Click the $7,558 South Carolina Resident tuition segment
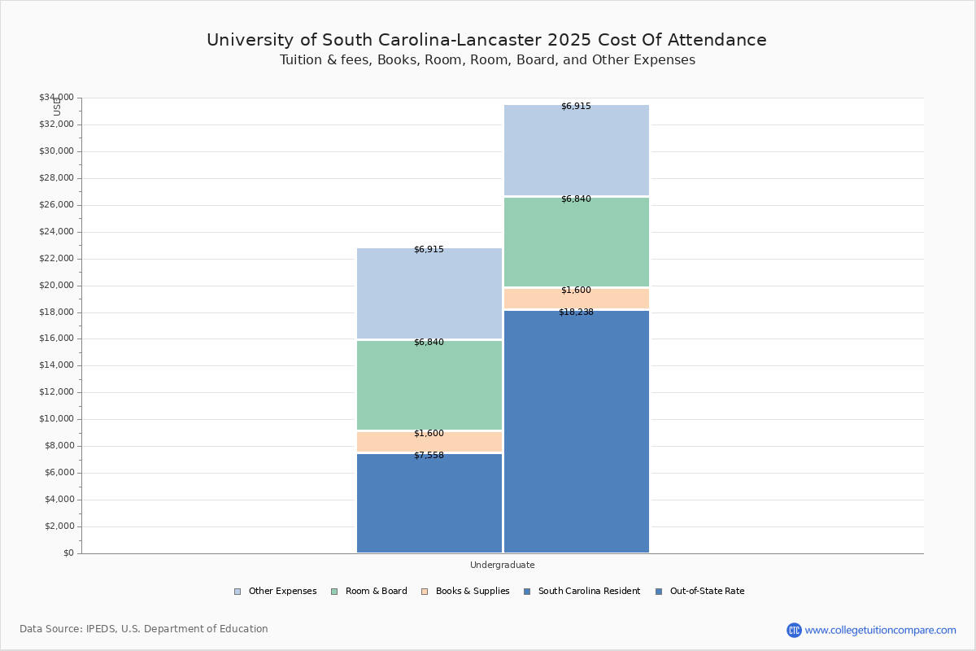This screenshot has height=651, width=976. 429,505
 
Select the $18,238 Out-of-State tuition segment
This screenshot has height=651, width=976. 576,431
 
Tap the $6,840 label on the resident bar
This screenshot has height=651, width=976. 429,343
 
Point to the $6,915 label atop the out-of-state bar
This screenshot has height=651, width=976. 576,107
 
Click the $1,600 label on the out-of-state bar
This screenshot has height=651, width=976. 576,291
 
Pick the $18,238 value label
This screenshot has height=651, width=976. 576,312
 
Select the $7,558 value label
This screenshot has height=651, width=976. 429,456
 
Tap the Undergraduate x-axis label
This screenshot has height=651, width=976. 502,565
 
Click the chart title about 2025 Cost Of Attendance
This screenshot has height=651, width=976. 486,40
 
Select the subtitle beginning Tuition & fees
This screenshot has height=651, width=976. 487,60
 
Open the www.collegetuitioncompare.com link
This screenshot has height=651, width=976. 880,630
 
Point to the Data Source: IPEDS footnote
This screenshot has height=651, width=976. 144,629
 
